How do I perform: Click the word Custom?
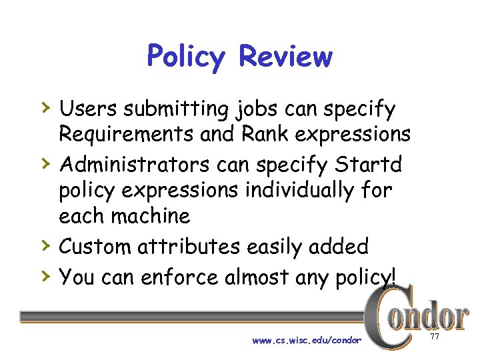pyautogui.click(x=95, y=247)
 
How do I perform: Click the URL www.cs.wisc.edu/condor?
pyautogui.click(x=307, y=341)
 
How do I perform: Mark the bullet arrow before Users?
pyautogui.click(x=45, y=106)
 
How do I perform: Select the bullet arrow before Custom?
pyautogui.click(x=45, y=245)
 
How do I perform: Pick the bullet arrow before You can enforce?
pyautogui.click(x=45, y=274)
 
